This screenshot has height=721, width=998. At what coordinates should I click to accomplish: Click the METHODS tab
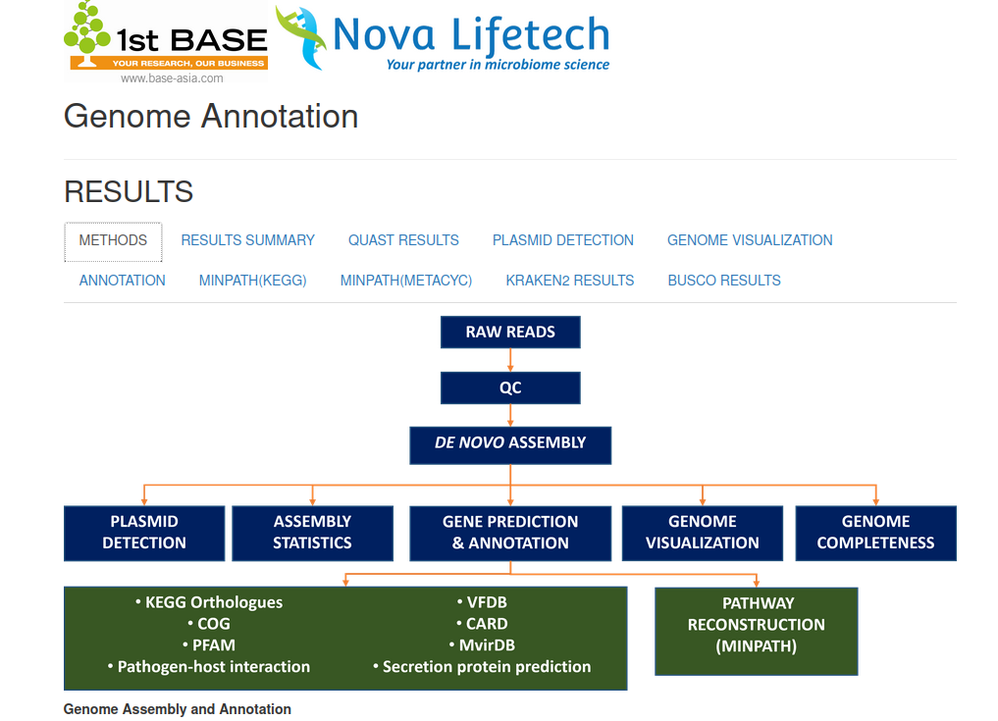click(113, 240)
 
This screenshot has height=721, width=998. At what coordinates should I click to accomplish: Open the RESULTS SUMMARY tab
click(247, 240)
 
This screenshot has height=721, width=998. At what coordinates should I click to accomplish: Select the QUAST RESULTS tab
click(403, 240)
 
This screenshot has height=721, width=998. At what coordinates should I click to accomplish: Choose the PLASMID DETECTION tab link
click(563, 240)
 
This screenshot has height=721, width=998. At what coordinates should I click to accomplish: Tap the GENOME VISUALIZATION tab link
click(750, 240)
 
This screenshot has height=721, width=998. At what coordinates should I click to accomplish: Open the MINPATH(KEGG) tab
click(252, 281)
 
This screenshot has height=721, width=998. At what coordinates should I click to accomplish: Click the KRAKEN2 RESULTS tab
click(570, 281)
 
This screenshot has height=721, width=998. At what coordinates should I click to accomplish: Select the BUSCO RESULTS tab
click(724, 281)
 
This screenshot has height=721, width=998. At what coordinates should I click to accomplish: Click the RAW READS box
click(510, 333)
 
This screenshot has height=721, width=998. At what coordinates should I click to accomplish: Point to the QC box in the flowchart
click(510, 387)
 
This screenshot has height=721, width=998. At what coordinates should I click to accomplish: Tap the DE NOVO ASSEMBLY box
click(510, 443)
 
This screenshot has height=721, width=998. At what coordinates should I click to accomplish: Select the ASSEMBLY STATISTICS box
click(312, 533)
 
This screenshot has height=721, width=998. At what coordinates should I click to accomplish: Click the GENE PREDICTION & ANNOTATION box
click(510, 533)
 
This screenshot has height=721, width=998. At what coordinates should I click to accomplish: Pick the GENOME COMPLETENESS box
click(875, 533)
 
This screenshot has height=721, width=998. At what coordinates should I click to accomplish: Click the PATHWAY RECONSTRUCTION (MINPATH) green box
click(756, 625)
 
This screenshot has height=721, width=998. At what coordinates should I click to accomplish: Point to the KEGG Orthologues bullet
click(213, 602)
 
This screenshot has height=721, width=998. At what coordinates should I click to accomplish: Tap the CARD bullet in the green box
click(486, 624)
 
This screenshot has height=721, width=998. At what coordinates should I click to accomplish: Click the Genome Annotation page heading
click(211, 116)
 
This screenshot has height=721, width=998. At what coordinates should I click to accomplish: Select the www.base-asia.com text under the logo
click(172, 78)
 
